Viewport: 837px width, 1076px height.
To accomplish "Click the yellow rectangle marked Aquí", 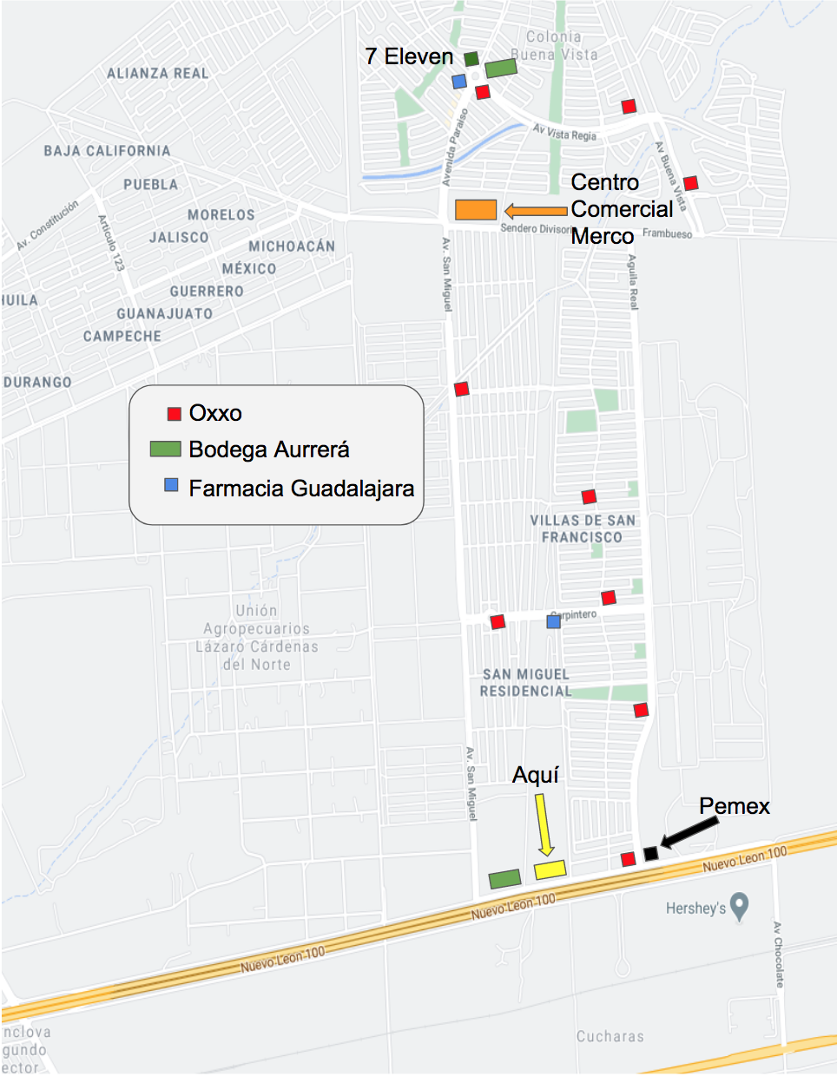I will click(x=550, y=869).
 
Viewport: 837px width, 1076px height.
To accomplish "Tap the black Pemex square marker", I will click(x=650, y=854).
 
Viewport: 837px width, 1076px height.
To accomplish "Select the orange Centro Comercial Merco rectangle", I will click(x=476, y=209).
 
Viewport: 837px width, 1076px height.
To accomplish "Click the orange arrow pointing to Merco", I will click(x=535, y=210).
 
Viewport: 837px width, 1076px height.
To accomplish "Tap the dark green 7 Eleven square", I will click(x=471, y=59).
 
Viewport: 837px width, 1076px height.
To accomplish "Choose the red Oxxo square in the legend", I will click(x=175, y=414).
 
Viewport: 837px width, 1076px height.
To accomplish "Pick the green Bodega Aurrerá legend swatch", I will click(x=165, y=449).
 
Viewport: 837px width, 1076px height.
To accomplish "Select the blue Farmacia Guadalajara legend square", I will click(x=171, y=485).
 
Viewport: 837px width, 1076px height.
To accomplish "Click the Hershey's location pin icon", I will click(x=739, y=907).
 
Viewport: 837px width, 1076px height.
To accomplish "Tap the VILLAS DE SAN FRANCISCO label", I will click(x=583, y=528).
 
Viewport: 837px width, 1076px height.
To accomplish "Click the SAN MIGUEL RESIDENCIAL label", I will click(x=526, y=683).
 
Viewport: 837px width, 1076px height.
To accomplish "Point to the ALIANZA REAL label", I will click(x=158, y=74).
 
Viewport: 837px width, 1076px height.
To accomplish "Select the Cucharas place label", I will click(x=610, y=1036).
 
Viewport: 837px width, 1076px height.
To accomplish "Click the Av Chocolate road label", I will click(x=778, y=955).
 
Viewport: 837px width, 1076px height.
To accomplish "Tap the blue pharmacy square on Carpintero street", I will click(x=553, y=621).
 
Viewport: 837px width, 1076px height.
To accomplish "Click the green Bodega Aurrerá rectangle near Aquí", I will click(x=504, y=879).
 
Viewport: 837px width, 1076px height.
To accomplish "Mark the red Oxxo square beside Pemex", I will click(x=628, y=859).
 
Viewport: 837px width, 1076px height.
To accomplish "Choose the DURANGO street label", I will click(x=38, y=382).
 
